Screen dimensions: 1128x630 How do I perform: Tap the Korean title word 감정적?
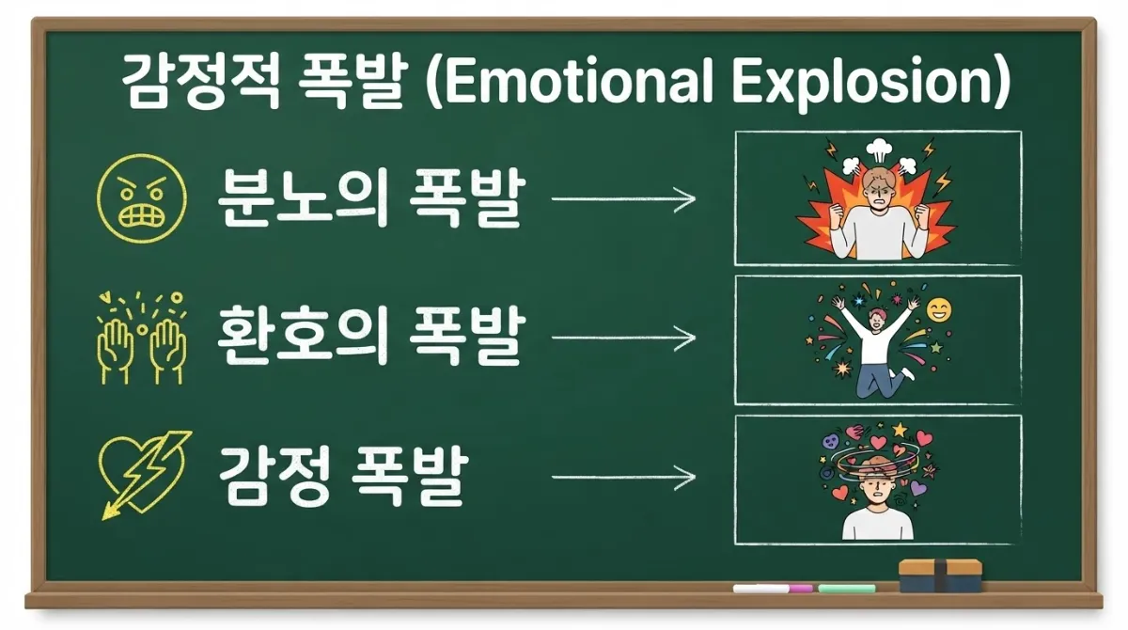tap(200, 82)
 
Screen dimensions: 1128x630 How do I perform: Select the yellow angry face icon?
tap(142, 198)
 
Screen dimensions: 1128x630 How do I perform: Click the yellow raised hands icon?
tap(142, 338)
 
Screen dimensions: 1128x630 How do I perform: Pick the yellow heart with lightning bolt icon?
tap(144, 475)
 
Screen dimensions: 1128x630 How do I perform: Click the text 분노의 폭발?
tap(371, 197)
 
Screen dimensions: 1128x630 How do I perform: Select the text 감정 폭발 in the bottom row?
tap(343, 476)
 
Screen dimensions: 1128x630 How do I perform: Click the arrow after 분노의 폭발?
tap(623, 199)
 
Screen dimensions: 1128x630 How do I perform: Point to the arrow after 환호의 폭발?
tap(623, 338)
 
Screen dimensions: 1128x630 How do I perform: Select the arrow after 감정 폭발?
tap(623, 477)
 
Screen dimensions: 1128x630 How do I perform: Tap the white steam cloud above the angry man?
tap(879, 150)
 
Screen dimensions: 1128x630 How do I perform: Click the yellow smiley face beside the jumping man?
tap(939, 309)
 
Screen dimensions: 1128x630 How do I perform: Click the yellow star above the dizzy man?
tap(900, 430)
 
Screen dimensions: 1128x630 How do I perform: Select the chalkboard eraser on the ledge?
tap(940, 575)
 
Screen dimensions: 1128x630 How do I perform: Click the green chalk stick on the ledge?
tap(847, 589)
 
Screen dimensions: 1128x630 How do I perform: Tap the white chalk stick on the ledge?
tap(760, 589)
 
